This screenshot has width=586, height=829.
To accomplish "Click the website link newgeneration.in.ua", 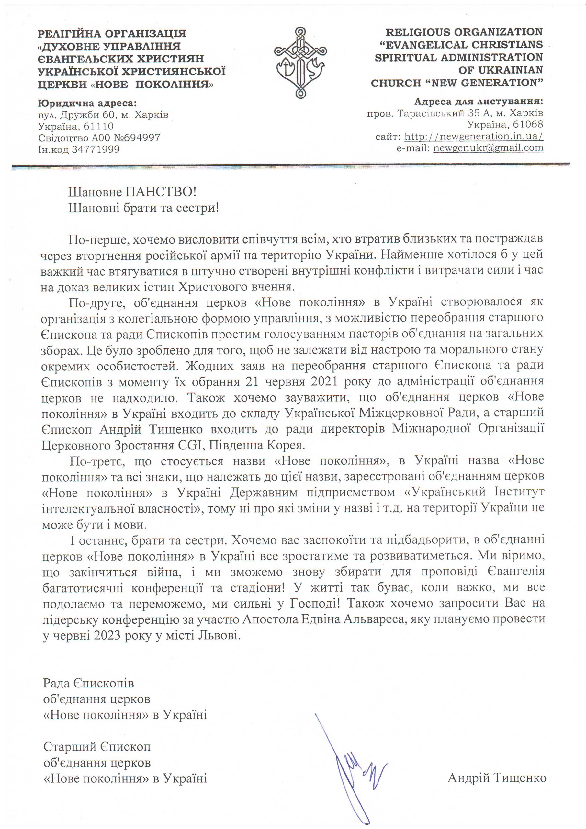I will tap(474, 136).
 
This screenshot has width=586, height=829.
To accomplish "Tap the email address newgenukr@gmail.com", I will tap(488, 148).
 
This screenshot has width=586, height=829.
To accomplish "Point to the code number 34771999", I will tap(96, 149).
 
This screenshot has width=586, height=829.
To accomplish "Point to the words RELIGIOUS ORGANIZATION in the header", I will tap(464, 32).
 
